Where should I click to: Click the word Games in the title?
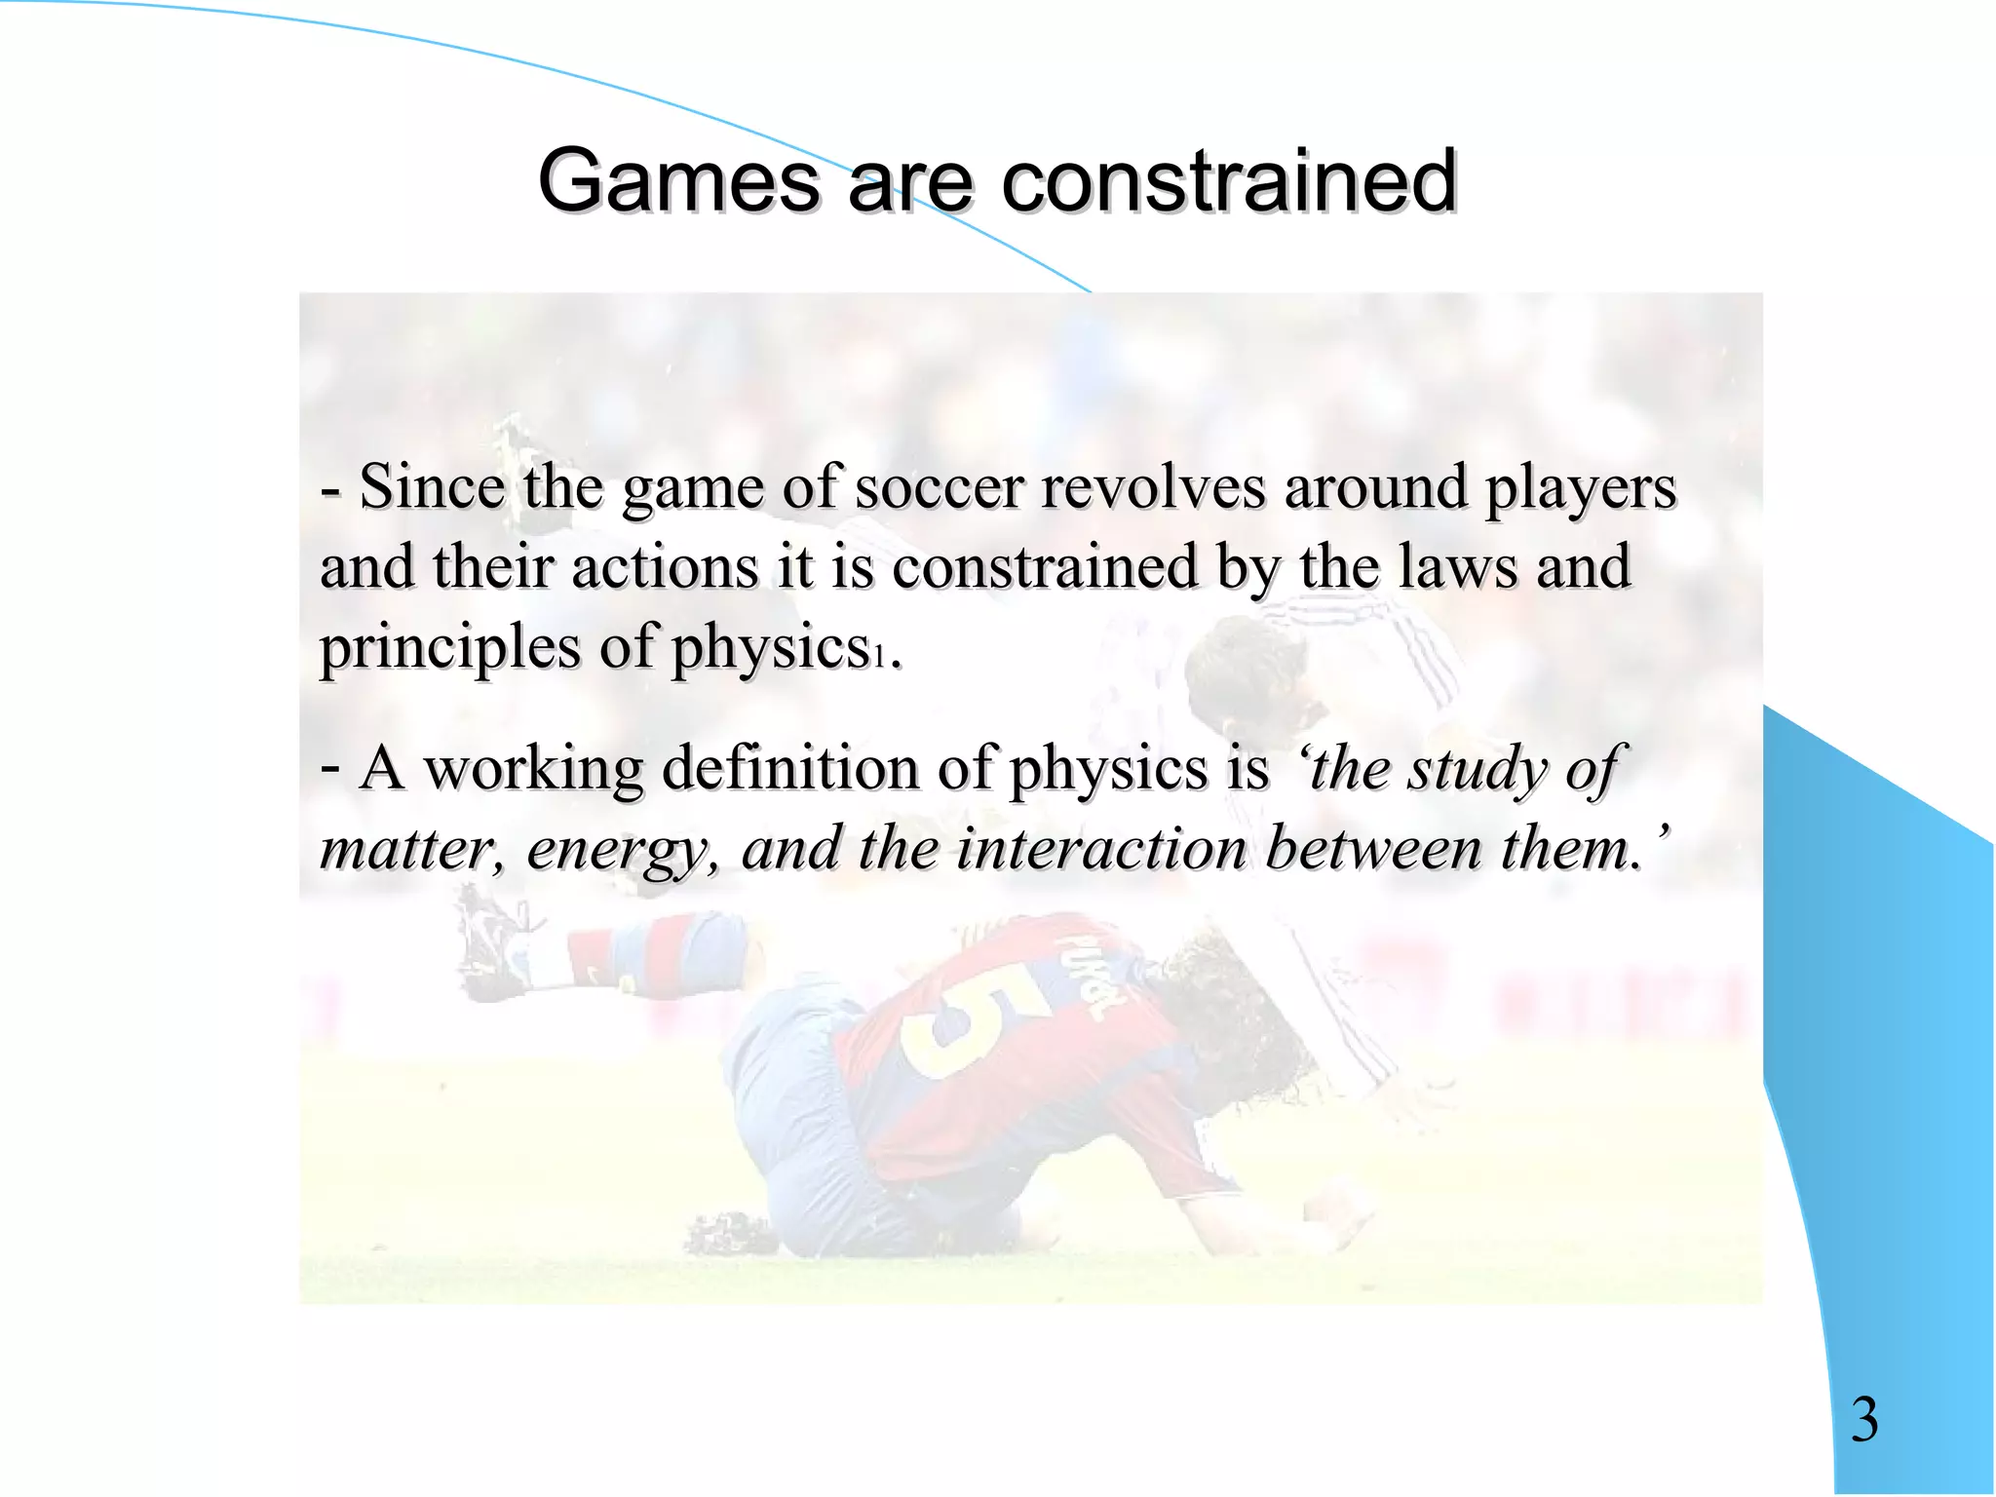[678, 181]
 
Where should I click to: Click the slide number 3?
[1864, 1420]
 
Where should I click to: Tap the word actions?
[664, 567]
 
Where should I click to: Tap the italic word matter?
[410, 850]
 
